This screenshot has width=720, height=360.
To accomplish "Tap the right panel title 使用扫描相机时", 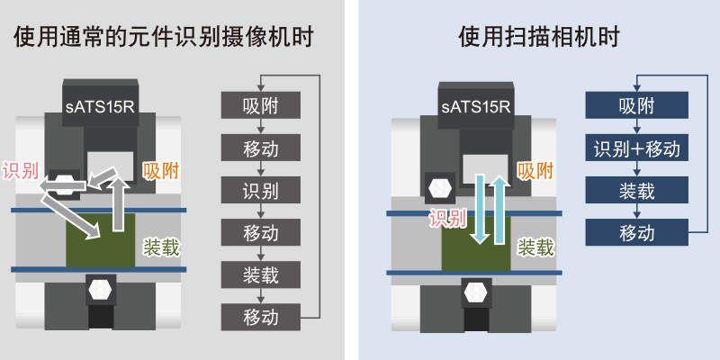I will pyautogui.click(x=539, y=38).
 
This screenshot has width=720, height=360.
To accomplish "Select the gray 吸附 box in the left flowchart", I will pyautogui.click(x=260, y=105).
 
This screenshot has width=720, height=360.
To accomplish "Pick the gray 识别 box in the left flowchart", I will pyautogui.click(x=260, y=190).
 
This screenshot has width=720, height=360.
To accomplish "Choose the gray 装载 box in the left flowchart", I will pyautogui.click(x=260, y=274).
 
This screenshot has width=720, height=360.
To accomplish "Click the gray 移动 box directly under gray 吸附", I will pyautogui.click(x=260, y=148).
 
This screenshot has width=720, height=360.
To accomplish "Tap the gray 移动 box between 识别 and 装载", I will pyautogui.click(x=260, y=232).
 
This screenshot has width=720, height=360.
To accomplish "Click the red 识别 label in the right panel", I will pyautogui.click(x=447, y=219).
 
